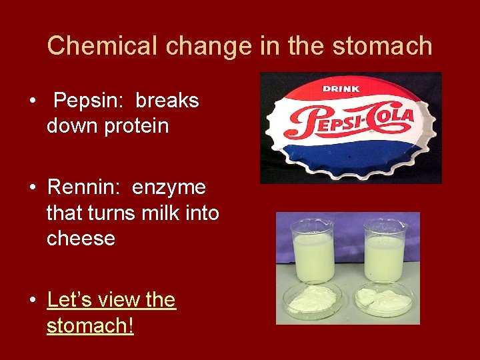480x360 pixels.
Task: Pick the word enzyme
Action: click(x=169, y=188)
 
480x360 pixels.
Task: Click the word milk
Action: click(x=164, y=213)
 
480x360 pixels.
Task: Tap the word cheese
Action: click(x=81, y=238)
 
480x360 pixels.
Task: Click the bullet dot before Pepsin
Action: click(x=32, y=101)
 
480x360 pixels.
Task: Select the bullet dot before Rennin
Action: click(x=32, y=189)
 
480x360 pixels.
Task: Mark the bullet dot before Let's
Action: click(x=32, y=301)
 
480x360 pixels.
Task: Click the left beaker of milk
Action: click(x=313, y=252)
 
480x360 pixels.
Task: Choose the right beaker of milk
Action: click(x=385, y=252)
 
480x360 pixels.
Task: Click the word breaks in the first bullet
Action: click(x=167, y=101)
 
